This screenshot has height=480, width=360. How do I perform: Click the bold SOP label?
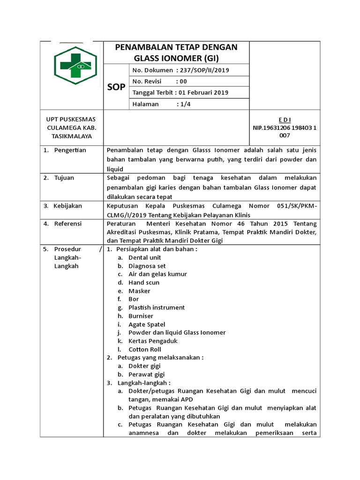116,87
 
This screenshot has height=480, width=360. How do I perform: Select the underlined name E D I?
285,120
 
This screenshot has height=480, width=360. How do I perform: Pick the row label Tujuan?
64,178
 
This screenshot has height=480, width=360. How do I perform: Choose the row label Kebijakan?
68,206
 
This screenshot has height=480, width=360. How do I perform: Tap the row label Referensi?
68,224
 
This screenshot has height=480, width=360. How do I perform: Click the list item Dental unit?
145,257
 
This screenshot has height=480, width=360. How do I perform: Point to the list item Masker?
140,291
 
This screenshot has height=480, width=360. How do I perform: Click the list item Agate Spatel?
147,324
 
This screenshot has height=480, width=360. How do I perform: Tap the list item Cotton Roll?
145,349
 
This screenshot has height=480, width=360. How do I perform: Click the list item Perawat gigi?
147,374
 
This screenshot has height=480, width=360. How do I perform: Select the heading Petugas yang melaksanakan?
159,357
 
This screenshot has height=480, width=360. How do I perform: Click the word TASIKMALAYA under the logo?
72,136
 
